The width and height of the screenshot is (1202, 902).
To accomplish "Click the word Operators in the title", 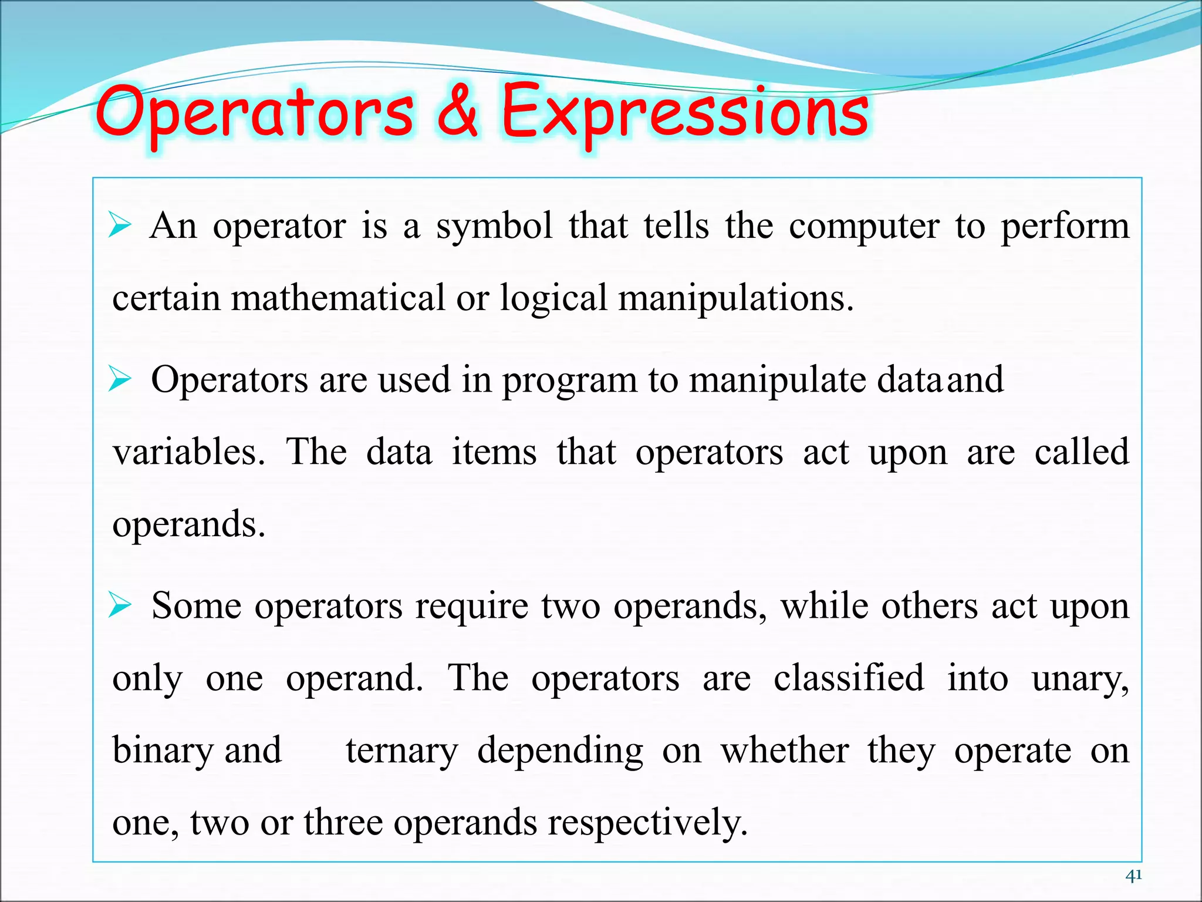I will click(x=254, y=113).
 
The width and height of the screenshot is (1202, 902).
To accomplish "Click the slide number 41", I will click(x=1133, y=876).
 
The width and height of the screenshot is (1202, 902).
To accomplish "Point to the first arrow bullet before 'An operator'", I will click(x=120, y=226).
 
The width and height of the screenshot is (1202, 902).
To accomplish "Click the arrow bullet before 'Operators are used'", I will click(x=120, y=380).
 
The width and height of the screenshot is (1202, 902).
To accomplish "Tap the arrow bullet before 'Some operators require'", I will click(x=120, y=606).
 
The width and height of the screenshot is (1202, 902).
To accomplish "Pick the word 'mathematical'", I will click(x=338, y=298).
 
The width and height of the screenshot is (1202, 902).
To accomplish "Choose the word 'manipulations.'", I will click(x=736, y=299).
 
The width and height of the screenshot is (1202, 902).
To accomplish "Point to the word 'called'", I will click(x=1081, y=452).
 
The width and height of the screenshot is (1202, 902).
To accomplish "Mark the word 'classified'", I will click(x=849, y=678).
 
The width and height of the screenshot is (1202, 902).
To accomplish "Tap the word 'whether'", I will click(x=785, y=750).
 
